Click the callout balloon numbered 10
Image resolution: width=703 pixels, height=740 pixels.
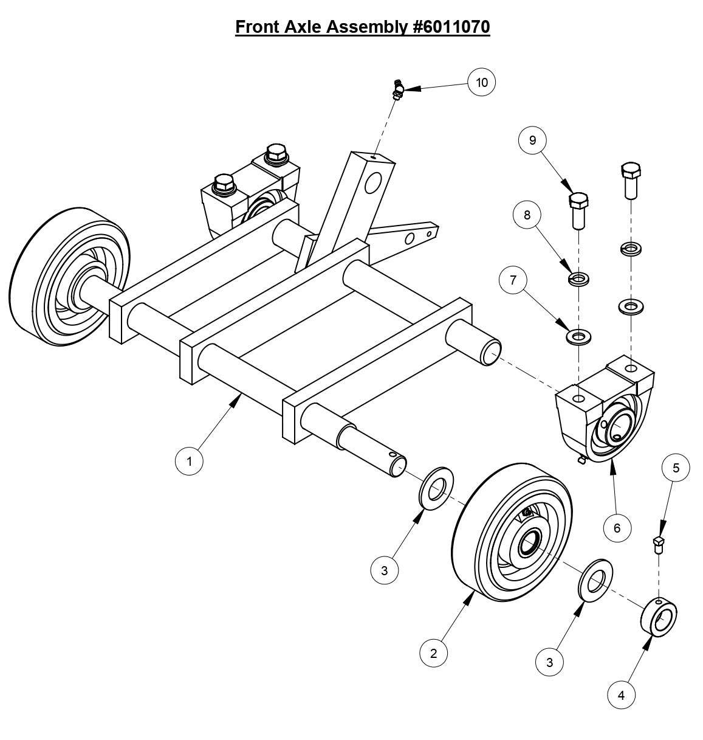[x=482, y=82]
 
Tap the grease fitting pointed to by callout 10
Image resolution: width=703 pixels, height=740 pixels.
[x=397, y=89]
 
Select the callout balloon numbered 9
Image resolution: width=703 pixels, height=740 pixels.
[x=533, y=140]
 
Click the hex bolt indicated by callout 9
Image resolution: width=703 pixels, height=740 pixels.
[x=578, y=209]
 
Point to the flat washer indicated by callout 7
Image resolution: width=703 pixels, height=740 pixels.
[x=578, y=336]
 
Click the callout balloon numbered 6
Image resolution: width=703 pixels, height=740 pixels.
[x=617, y=528]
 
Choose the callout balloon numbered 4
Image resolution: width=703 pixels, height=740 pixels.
[x=621, y=695]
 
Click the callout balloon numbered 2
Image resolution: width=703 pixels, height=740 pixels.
[x=434, y=654]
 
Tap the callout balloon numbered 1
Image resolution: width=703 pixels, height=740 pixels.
[x=189, y=461]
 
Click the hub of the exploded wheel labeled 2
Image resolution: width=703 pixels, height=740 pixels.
[x=529, y=543]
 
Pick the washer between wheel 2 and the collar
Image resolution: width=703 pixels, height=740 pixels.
[x=594, y=578]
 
